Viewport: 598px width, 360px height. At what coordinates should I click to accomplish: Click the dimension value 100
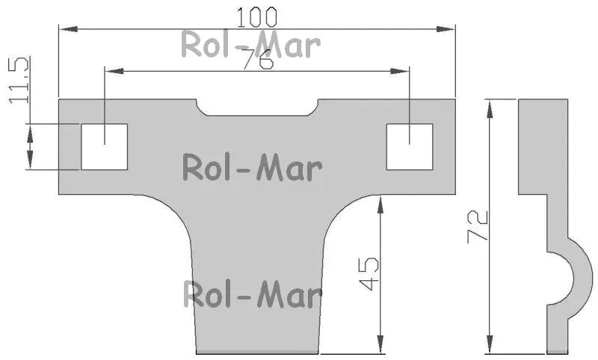[x=256, y=17]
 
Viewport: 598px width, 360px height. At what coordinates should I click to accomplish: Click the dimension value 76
[x=258, y=59]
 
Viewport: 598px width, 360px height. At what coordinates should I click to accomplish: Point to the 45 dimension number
[x=369, y=274]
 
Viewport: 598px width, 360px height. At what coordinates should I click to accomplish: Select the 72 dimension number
[x=478, y=226]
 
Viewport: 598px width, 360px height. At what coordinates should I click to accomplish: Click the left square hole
[x=104, y=146]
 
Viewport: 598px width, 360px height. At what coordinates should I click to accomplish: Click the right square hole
[x=410, y=146]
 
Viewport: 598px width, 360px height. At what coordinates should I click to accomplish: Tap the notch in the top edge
[x=257, y=108]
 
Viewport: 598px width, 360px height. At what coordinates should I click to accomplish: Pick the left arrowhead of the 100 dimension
[x=69, y=29]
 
